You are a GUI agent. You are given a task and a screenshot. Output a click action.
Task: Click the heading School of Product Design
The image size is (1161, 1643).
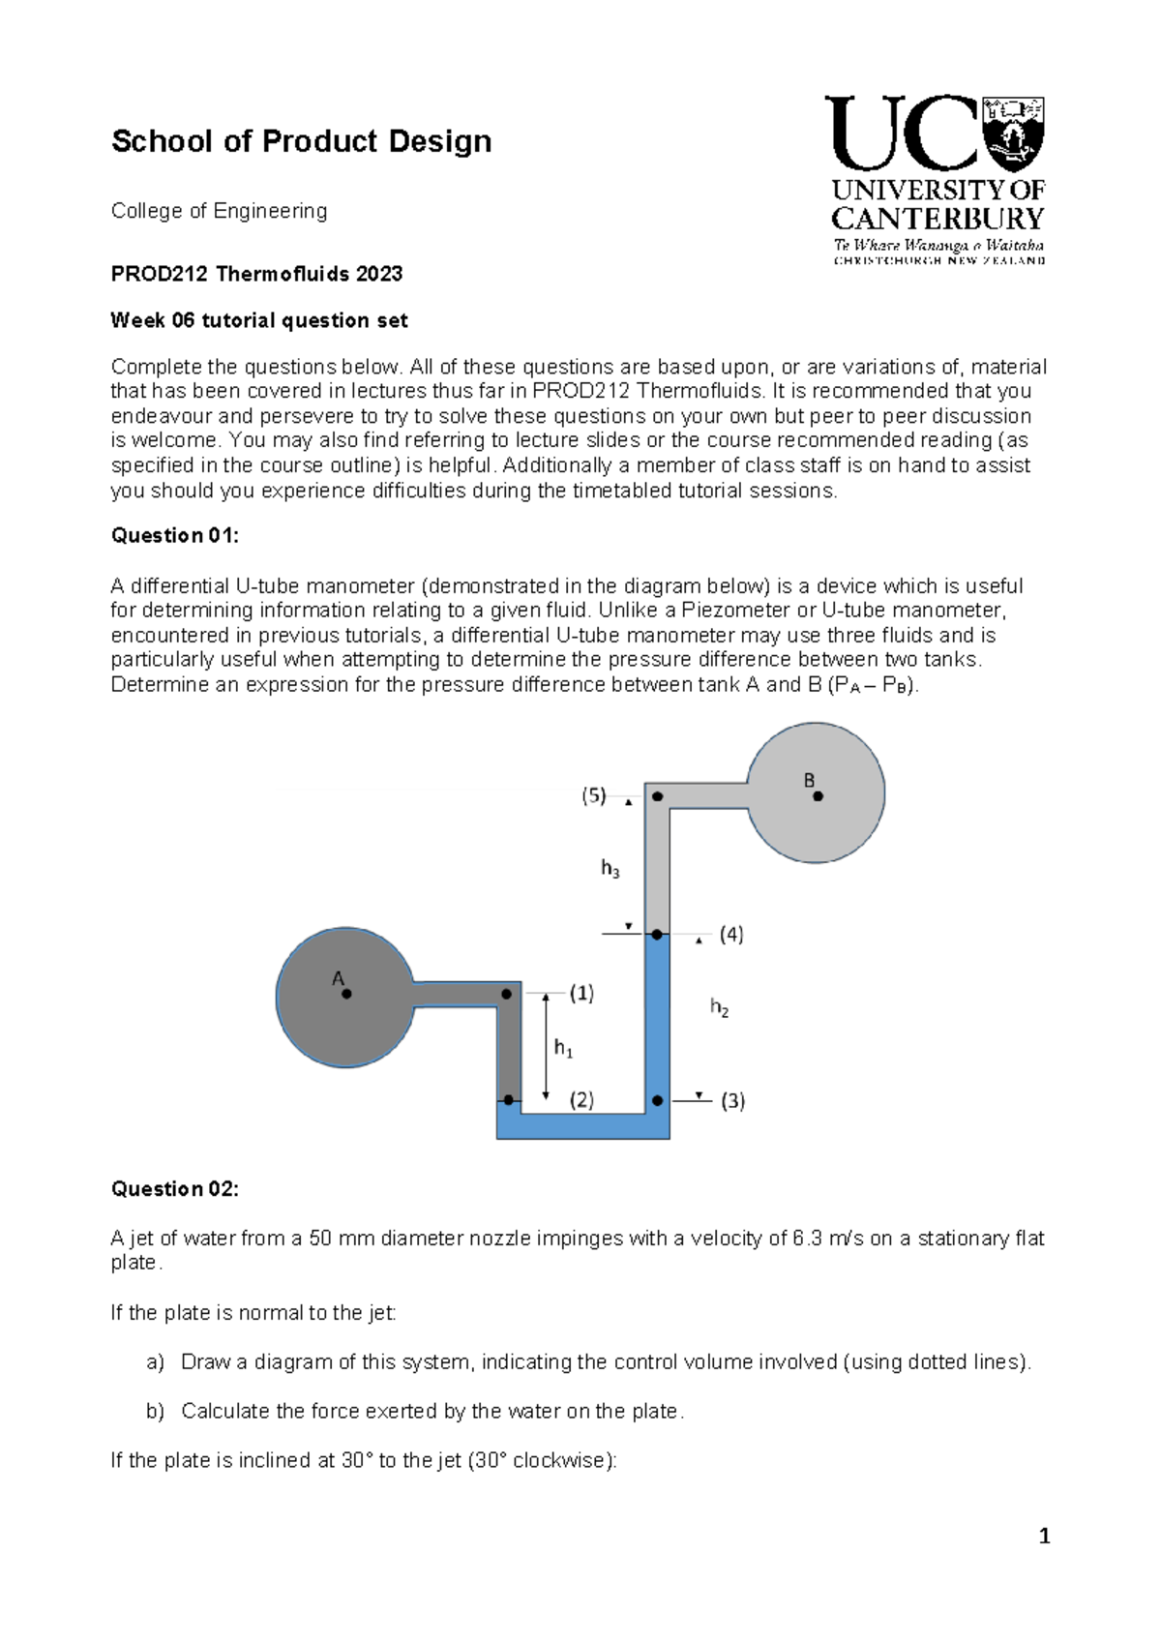pos(301,142)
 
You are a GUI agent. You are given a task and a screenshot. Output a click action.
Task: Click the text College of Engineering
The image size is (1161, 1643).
pos(219,211)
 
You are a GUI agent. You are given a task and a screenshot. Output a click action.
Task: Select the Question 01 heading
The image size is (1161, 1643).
pos(174,536)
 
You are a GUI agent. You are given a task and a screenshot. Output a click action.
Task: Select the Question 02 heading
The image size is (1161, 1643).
pos(174,1189)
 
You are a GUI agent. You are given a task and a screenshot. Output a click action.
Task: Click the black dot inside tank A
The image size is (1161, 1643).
pos(346,994)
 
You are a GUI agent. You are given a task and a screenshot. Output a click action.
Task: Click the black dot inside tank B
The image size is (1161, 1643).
pos(818,796)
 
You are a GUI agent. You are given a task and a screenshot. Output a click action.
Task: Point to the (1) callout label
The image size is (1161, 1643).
pos(581,993)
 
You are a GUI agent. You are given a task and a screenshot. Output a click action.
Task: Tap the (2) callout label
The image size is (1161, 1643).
pos(581,1100)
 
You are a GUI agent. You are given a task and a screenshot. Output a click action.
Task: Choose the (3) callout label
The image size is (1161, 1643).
pos(732,1101)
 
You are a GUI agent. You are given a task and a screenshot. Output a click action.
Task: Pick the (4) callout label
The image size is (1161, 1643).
pos(731,935)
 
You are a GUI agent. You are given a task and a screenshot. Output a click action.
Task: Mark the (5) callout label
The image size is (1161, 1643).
pos(593,796)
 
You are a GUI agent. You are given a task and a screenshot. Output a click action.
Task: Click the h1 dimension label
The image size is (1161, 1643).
pos(563,1048)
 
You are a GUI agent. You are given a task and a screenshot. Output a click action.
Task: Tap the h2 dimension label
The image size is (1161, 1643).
pos(719,1008)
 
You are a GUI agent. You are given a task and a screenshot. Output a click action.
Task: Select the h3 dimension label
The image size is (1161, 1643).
pos(610,869)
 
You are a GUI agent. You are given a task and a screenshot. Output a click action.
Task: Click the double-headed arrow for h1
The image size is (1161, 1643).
pos(546,1046)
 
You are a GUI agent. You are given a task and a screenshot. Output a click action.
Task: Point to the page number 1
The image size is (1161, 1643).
pos(1044,1537)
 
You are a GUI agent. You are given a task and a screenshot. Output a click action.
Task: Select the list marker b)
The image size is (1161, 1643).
pos(156,1412)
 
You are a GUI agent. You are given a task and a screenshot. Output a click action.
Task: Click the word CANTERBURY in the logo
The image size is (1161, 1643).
pos(938,219)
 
